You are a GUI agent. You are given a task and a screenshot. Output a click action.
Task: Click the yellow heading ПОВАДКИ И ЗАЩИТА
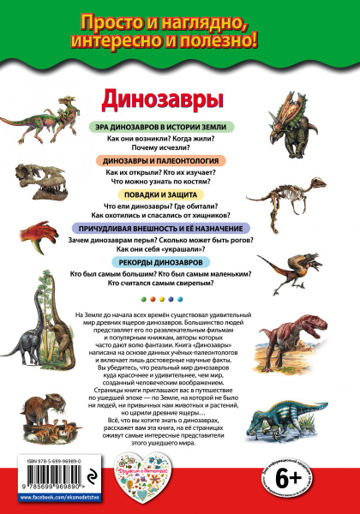[x=156, y=194]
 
